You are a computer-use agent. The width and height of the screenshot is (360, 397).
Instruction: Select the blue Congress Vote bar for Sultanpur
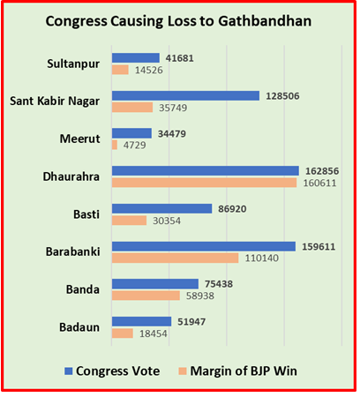135,57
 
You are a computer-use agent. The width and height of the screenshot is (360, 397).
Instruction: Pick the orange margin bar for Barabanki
175,258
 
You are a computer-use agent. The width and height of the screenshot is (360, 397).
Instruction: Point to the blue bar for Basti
161,208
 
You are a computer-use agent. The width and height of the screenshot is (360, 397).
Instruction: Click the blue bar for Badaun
141,322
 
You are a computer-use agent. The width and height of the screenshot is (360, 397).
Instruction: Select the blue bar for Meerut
131,133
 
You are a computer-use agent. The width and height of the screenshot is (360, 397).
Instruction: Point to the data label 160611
319,184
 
